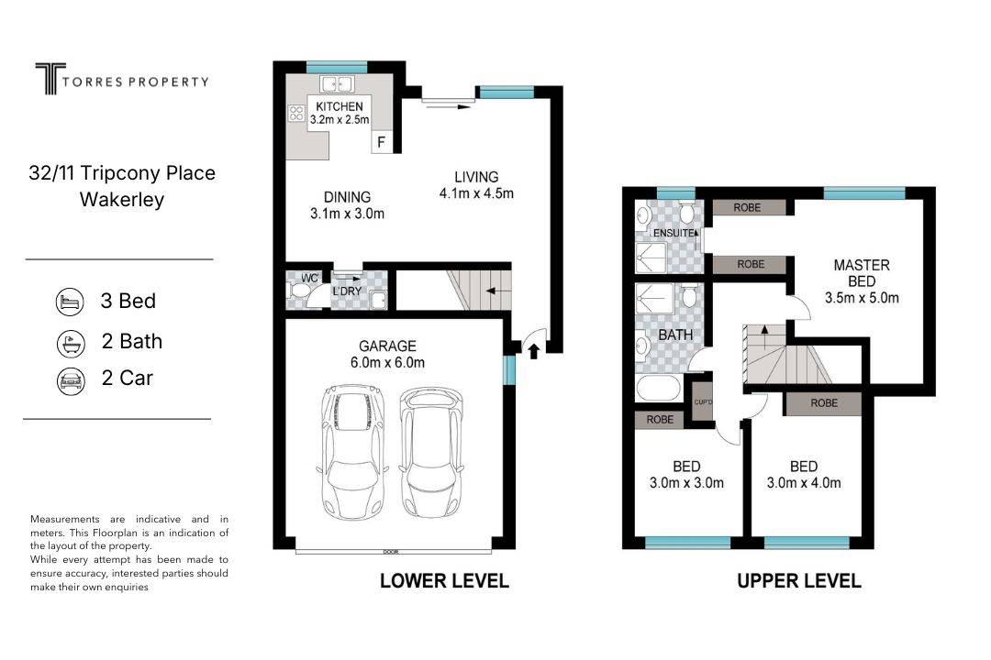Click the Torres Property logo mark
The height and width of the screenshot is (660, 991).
pos(50,78)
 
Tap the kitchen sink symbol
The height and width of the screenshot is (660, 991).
pos(336,83)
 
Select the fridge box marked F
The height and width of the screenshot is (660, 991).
pos(381,142)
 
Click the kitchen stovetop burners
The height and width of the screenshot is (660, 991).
pos(296,114)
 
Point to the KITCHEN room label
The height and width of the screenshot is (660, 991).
pos(340,106)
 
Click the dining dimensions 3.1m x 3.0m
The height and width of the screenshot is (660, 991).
pos(347,214)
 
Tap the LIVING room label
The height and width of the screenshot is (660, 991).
pos(476,177)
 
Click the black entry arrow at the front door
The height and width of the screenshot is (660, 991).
pos(533,350)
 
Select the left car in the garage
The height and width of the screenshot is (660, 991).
pos(352,452)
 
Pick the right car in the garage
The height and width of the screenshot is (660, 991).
pos(430,452)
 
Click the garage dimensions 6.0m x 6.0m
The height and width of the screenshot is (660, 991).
pos(387,362)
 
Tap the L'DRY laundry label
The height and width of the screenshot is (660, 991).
pos(347,291)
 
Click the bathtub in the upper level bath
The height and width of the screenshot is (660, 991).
pos(659,389)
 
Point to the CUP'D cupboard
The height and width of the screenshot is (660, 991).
pos(703,401)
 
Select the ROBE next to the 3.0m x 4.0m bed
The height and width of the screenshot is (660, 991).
pos(823,403)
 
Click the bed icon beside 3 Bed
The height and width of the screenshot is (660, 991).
pos(70,302)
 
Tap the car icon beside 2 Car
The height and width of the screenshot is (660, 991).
pos(70,380)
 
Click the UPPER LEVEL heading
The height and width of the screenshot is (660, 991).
pos(799,581)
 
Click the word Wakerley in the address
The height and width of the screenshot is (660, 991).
pos(122,200)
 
